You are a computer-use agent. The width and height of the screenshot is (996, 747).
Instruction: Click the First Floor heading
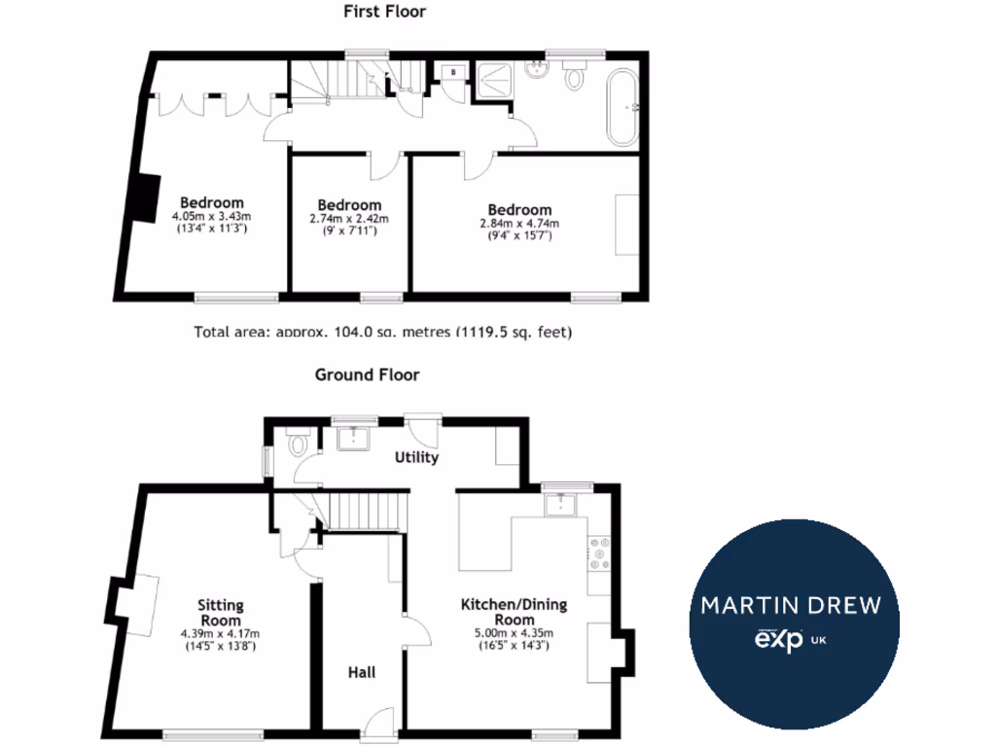click(x=384, y=13)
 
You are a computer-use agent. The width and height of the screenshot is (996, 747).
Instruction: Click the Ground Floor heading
click(x=367, y=374)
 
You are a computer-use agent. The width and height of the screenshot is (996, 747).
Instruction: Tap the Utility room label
click(x=416, y=457)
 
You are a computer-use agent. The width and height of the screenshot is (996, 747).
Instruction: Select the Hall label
click(x=362, y=672)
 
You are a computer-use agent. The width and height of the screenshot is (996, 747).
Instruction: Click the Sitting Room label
click(x=221, y=613)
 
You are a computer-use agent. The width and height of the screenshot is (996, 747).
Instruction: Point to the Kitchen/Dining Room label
click(x=514, y=613)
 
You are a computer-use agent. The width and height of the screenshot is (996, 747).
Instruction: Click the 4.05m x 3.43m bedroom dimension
click(x=211, y=216)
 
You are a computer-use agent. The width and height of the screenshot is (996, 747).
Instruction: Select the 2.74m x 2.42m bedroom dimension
click(x=349, y=218)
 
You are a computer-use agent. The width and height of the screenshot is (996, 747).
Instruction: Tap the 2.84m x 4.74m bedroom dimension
click(x=519, y=222)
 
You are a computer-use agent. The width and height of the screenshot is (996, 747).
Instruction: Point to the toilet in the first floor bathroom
click(x=575, y=75)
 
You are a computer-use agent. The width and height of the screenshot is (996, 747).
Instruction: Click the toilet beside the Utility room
click(x=298, y=445)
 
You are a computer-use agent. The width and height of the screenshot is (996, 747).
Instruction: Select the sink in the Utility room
click(x=349, y=439)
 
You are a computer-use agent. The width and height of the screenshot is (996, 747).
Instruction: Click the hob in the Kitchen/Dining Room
click(x=597, y=552)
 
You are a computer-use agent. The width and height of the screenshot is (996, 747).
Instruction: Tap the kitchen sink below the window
click(x=561, y=504)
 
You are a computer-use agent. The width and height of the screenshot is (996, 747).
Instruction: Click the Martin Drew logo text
click(x=791, y=606)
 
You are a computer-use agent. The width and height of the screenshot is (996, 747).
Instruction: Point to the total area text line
click(x=383, y=332)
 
